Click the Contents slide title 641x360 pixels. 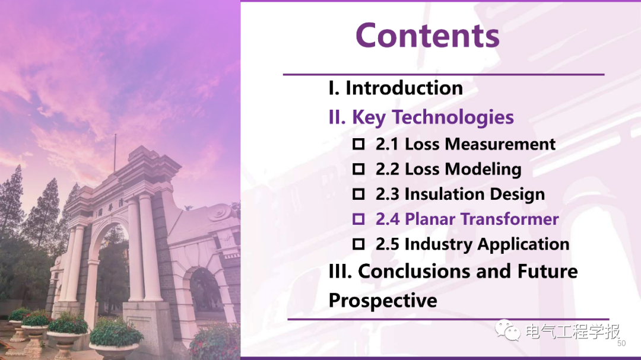point(427,36)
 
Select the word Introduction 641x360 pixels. point(404,88)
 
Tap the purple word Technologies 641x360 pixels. point(453,117)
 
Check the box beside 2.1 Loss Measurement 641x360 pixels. point(358,144)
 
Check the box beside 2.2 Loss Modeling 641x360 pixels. point(358,169)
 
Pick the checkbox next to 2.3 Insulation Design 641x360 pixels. point(358,194)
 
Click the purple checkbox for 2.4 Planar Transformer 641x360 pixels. point(358,219)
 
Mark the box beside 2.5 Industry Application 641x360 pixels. point(358,244)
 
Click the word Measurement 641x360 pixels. point(500,144)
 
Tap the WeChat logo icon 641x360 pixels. point(507,330)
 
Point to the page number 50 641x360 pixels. point(621,343)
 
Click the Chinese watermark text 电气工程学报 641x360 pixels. point(573,331)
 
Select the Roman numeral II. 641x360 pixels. point(337,117)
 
